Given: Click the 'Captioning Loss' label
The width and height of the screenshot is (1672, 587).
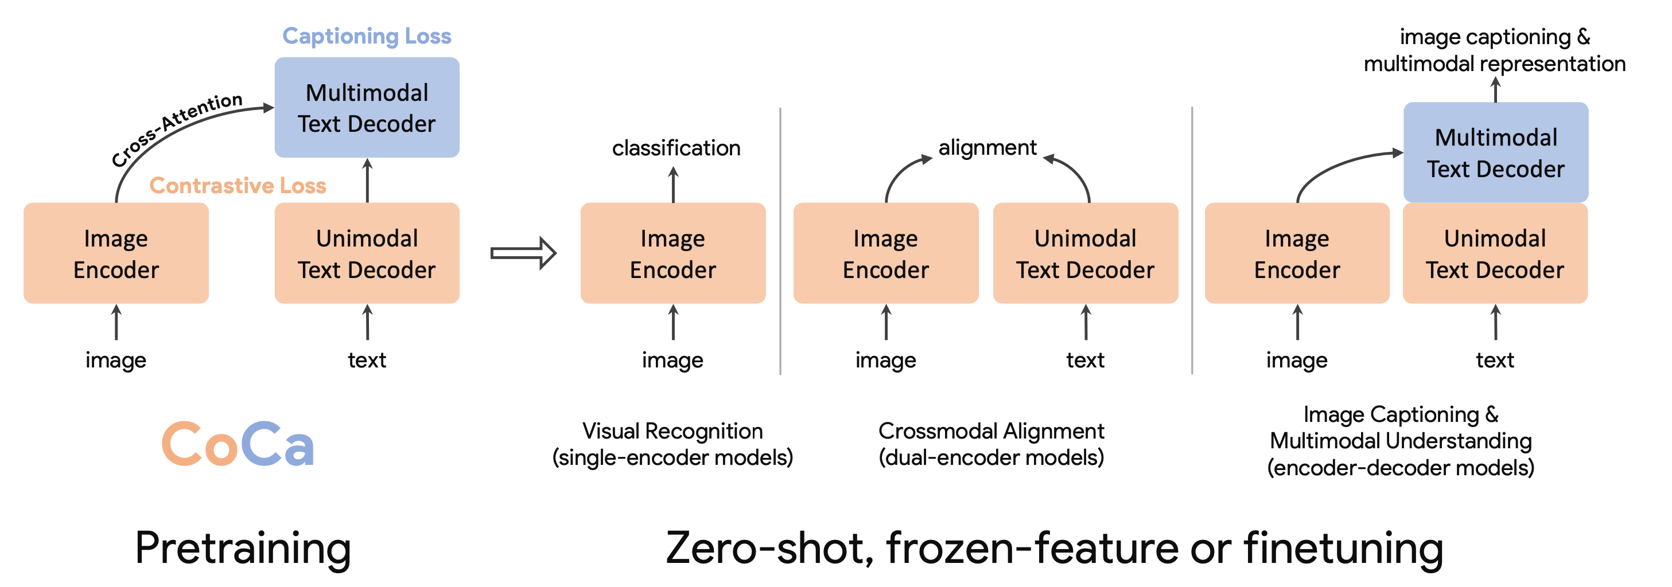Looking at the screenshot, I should [367, 36].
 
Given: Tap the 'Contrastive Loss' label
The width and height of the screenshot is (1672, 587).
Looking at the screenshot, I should [238, 186].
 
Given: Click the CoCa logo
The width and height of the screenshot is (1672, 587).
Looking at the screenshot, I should [238, 444].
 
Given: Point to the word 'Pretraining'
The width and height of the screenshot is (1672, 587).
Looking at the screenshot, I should [243, 549].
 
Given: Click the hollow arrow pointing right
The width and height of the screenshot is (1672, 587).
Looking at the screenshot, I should [523, 253].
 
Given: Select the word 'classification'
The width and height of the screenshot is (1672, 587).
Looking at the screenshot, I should [676, 148].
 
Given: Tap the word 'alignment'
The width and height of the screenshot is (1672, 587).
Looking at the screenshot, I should [987, 148].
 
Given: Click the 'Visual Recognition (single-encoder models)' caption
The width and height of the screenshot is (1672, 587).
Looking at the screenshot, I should [672, 444].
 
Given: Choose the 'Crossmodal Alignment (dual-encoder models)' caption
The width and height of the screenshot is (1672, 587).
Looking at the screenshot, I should [991, 444].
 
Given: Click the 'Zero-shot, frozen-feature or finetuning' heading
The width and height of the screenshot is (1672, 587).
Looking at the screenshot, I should [1055, 549].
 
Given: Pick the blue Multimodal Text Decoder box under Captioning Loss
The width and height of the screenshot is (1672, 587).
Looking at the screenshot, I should [367, 108].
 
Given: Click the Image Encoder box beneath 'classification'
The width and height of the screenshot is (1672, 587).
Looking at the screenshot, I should [673, 253].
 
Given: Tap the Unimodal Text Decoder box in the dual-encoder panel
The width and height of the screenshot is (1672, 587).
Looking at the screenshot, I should [1085, 253].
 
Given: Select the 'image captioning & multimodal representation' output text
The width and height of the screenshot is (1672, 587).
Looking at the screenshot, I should [1494, 50].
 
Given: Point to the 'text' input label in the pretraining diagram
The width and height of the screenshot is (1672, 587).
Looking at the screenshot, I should [367, 360].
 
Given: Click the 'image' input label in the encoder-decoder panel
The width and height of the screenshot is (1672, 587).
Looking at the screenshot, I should [1297, 360].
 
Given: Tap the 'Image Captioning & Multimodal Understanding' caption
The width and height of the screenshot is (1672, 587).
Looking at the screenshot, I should [1401, 441].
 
